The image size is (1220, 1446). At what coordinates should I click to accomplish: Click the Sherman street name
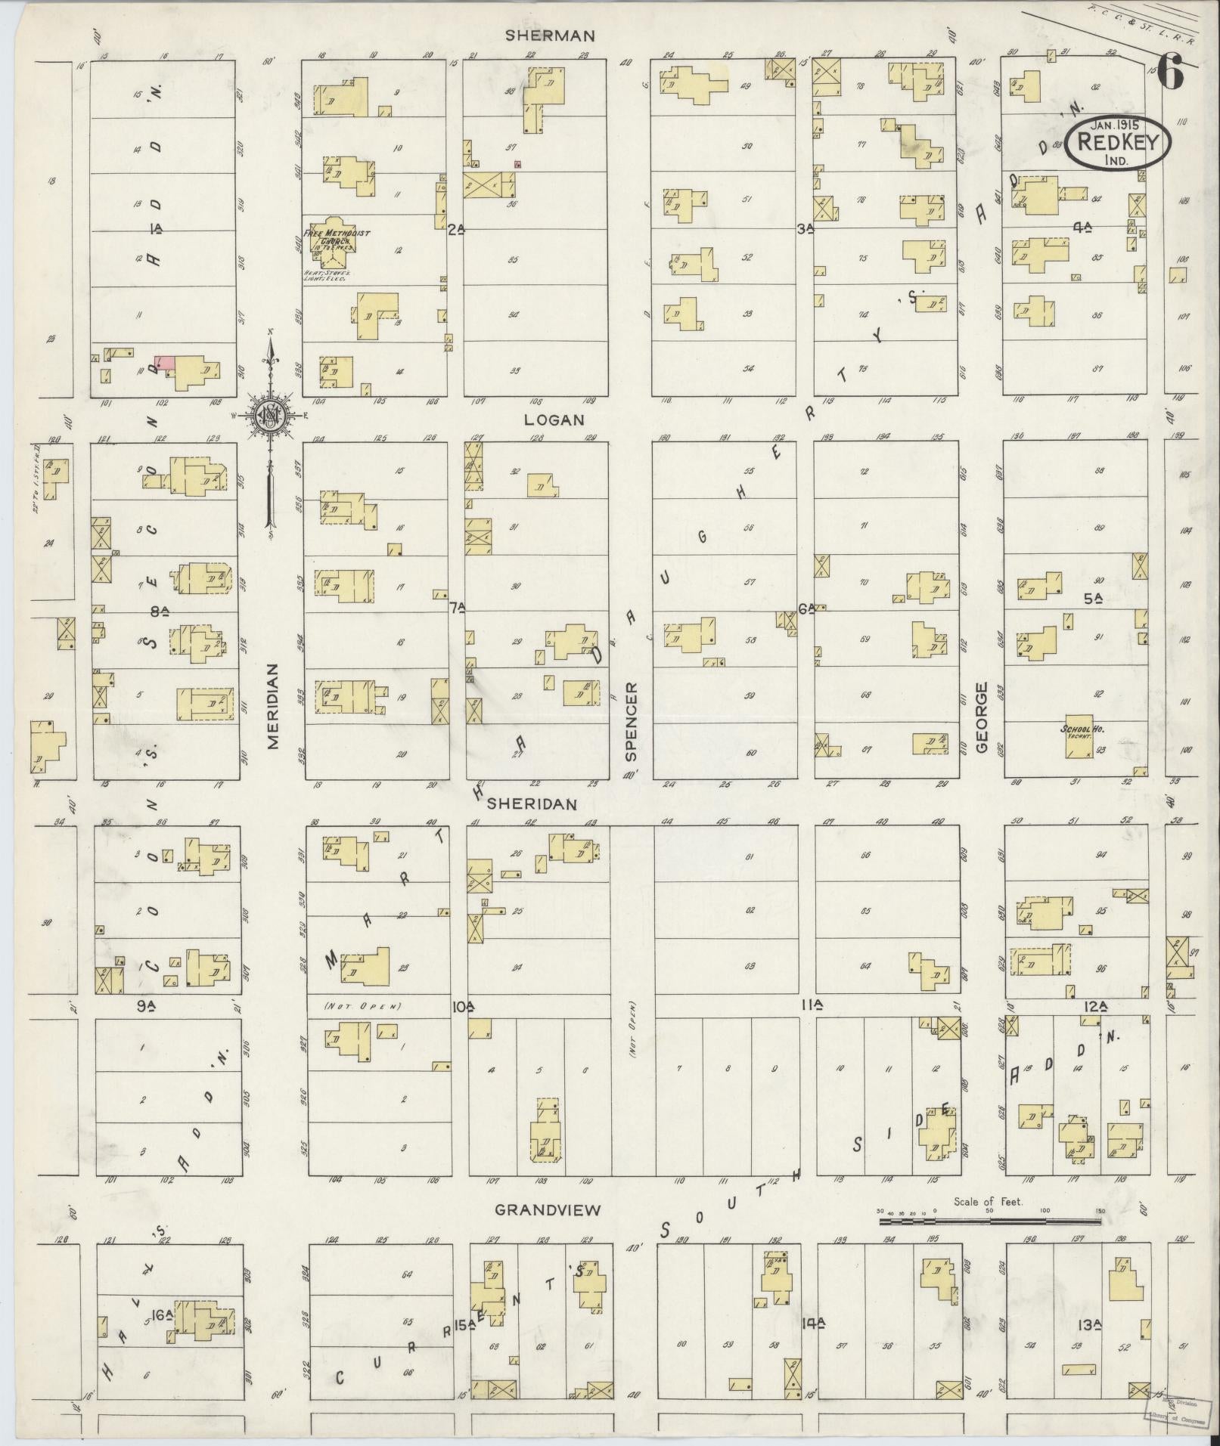561,36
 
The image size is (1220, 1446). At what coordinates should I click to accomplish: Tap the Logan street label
555,420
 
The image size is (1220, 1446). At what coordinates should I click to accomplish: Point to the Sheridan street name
532,804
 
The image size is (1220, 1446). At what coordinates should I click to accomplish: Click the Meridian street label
273,707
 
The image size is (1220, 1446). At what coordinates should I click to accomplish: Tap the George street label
982,718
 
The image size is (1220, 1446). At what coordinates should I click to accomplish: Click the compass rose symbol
269,416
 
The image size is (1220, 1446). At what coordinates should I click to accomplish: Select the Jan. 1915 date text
1115,124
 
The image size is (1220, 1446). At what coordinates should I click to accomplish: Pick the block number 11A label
812,1005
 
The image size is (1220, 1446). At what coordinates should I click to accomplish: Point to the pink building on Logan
166,363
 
